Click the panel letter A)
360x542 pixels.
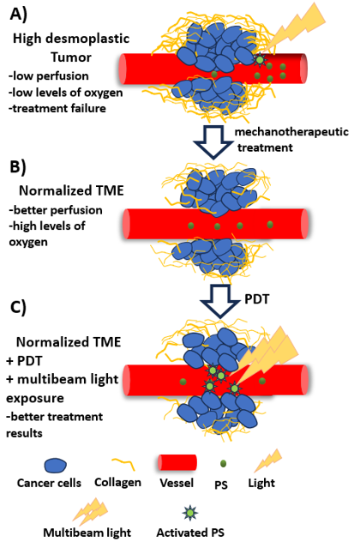19,15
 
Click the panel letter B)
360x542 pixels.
18,167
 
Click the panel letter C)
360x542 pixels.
18,307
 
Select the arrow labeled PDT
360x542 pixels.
220,301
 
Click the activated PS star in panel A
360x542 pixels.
260,60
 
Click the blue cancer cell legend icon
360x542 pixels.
55,466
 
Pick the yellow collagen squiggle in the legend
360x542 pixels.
123,464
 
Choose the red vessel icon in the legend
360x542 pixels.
177,463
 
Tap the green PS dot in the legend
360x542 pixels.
223,464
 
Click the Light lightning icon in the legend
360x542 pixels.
268,460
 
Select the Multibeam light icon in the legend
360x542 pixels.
90,510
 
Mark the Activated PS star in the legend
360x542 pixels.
190,513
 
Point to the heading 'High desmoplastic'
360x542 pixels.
71,39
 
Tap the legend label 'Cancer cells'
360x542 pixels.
49,483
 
